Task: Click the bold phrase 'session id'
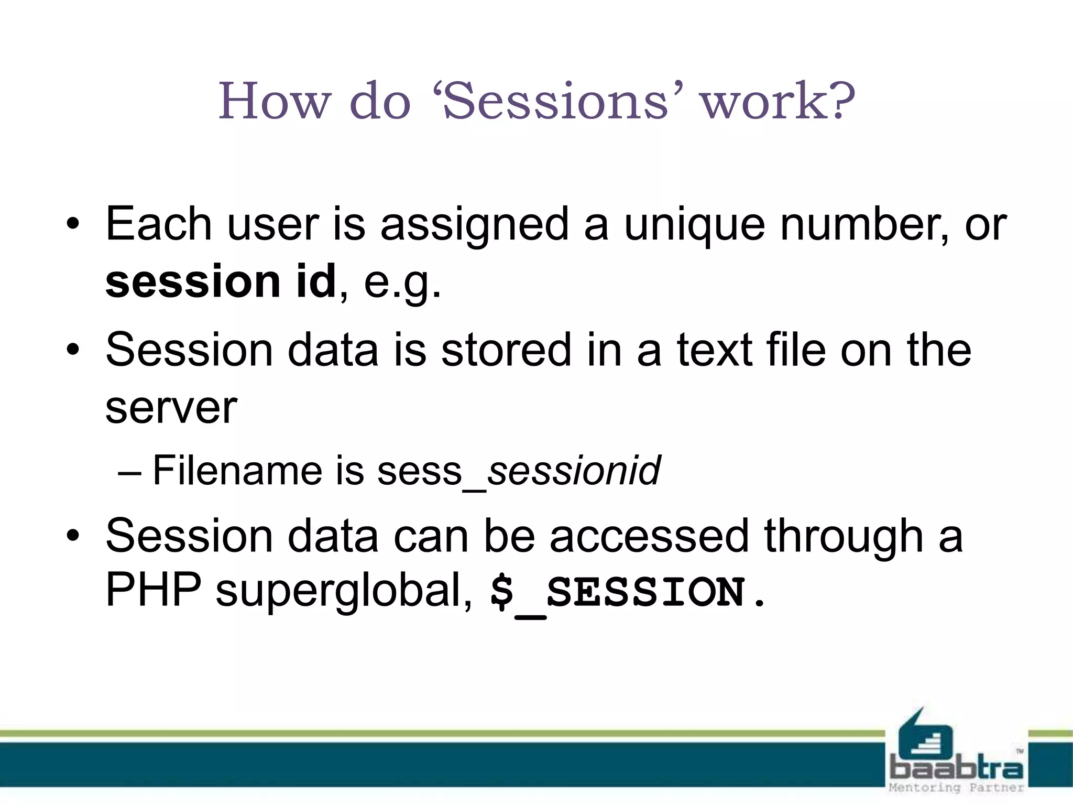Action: coord(221,281)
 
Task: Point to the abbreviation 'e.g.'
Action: coord(402,283)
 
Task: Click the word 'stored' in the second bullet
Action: coord(506,350)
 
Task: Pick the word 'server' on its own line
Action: coord(171,409)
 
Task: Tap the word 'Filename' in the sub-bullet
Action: coord(237,470)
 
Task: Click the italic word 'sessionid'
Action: coord(574,471)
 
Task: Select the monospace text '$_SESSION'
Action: coord(618,592)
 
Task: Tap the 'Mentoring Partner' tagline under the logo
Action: coord(956,788)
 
